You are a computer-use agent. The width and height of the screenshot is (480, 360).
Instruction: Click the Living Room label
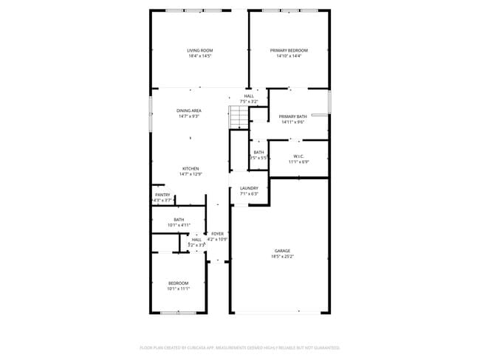[199, 50]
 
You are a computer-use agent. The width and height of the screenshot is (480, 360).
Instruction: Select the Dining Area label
[189, 110]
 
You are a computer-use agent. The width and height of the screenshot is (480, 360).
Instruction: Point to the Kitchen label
[191, 168]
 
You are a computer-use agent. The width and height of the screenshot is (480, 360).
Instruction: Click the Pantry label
[162, 195]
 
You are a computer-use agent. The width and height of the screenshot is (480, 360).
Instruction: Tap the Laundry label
[249, 188]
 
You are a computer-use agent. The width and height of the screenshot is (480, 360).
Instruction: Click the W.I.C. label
[298, 156]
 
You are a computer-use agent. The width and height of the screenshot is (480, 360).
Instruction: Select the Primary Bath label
[292, 117]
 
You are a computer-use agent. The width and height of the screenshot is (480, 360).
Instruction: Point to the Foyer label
[217, 233]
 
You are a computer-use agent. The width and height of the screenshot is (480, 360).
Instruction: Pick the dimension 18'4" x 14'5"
[199, 56]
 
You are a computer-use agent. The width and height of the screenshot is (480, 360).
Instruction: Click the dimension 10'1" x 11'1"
[178, 288]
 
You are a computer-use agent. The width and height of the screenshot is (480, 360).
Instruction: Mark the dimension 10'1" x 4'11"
[179, 224]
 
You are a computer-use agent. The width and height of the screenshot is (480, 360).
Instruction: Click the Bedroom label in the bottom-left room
[178, 283]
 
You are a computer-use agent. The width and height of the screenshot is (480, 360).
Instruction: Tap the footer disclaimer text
[240, 347]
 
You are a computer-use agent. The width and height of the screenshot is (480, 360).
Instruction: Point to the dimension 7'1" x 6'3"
[249, 194]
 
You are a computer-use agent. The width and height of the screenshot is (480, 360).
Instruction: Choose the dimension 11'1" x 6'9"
[298, 162]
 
